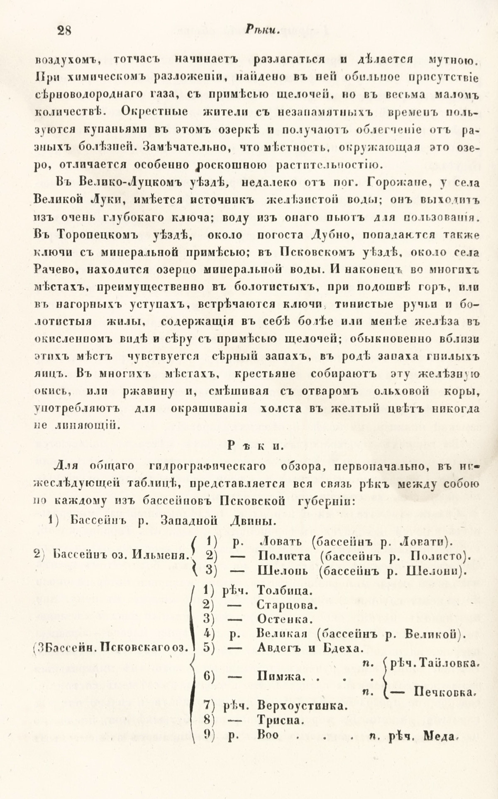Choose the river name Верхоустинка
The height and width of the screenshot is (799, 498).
(302, 706)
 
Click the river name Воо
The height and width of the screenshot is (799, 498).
(268, 735)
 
